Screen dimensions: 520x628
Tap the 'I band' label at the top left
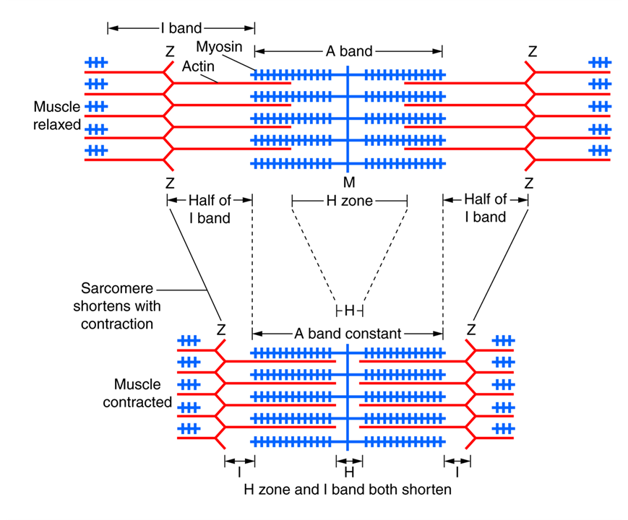tap(181, 29)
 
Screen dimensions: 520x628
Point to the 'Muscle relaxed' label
tap(56, 116)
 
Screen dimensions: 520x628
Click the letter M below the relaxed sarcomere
tap(349, 183)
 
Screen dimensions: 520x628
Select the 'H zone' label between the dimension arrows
tap(349, 201)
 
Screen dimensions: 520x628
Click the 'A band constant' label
tap(347, 334)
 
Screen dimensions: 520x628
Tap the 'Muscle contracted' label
tap(137, 393)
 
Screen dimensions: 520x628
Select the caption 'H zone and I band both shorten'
tap(347, 490)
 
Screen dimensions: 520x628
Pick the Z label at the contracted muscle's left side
tap(221, 330)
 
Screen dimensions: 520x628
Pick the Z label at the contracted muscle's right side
tap(471, 330)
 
